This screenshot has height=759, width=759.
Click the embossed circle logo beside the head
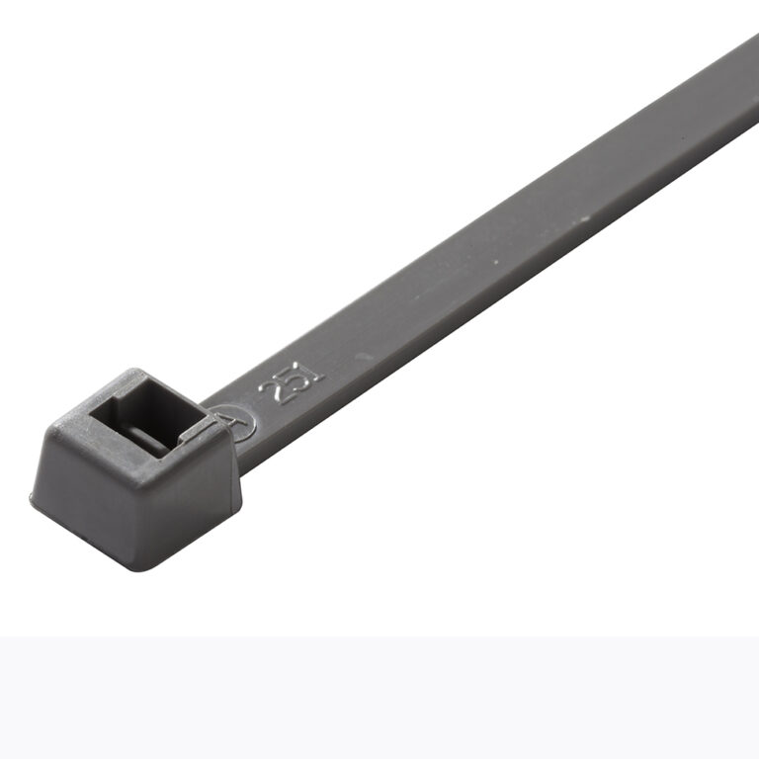(x=236, y=423)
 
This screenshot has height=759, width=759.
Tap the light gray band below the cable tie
(x=379, y=698)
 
